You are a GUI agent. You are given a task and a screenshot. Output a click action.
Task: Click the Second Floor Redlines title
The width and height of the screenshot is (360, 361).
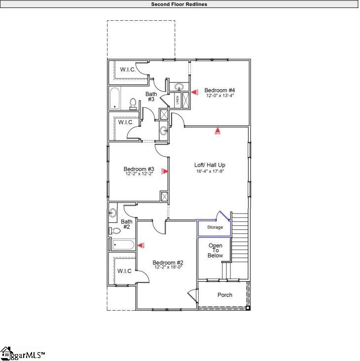179,4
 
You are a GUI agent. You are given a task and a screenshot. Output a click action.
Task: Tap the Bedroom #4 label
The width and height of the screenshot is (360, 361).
219,90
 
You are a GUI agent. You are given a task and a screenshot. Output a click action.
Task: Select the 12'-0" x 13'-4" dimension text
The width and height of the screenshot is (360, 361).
219,96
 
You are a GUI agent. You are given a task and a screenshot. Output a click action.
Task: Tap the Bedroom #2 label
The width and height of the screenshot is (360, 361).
168,262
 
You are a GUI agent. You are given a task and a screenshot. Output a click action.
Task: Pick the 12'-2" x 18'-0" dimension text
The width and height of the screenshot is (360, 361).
168,268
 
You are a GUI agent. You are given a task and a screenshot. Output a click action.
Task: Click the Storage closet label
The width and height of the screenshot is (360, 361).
215,227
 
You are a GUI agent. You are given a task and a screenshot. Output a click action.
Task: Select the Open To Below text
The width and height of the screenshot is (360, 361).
215,251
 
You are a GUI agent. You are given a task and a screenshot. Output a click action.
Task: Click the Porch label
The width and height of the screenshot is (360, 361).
224,295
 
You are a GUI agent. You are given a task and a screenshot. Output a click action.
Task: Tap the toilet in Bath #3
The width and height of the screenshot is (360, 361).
133,103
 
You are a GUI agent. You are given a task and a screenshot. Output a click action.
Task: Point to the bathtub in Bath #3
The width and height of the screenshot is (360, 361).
114,99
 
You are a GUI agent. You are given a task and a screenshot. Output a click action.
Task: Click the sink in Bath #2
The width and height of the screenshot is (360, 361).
113,213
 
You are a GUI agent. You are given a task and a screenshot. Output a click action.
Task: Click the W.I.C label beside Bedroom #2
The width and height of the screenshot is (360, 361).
124,271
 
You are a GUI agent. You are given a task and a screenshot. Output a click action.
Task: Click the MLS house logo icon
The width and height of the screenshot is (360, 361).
6,353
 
